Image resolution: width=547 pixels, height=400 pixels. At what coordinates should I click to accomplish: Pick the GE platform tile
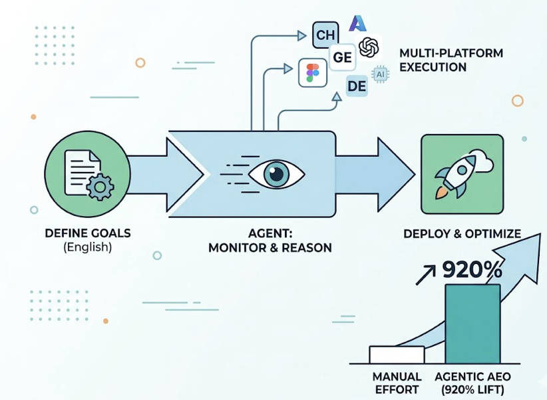click(x=343, y=58)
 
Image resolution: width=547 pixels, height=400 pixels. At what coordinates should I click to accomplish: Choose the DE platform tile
click(x=357, y=85)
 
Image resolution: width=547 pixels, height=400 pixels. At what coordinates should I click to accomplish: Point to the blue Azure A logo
click(x=359, y=23)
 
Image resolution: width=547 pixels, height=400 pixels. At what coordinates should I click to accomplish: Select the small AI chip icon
click(x=380, y=75)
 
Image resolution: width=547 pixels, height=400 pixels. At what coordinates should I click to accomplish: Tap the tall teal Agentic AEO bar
click(x=472, y=323)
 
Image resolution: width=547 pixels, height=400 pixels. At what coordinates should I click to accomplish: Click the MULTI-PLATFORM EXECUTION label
click(x=442, y=60)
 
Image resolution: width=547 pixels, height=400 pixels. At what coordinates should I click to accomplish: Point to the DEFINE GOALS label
click(x=87, y=233)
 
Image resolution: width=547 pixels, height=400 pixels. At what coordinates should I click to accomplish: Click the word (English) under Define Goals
click(x=87, y=247)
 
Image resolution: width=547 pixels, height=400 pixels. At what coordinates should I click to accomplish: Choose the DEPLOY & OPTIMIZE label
click(x=462, y=234)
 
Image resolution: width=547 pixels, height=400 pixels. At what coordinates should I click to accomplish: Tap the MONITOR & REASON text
click(x=270, y=248)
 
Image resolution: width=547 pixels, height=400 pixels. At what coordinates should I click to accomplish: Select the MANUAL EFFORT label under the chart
click(x=397, y=383)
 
